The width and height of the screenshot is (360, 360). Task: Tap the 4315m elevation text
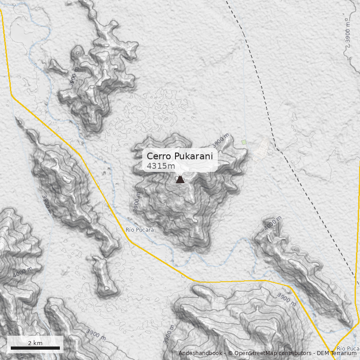pos(161,166)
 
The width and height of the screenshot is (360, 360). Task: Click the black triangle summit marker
pos(180,179)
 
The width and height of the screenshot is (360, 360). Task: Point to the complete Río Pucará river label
pos(139,230)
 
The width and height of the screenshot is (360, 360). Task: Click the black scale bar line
pos(35,348)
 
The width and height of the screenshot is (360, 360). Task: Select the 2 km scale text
pos(35,343)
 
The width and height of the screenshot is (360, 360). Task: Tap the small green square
pos(244,142)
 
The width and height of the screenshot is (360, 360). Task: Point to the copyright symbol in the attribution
pos(230,353)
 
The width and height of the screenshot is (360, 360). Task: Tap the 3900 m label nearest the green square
pos(221,141)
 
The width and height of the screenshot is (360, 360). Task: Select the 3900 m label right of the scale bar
pos(96,335)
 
